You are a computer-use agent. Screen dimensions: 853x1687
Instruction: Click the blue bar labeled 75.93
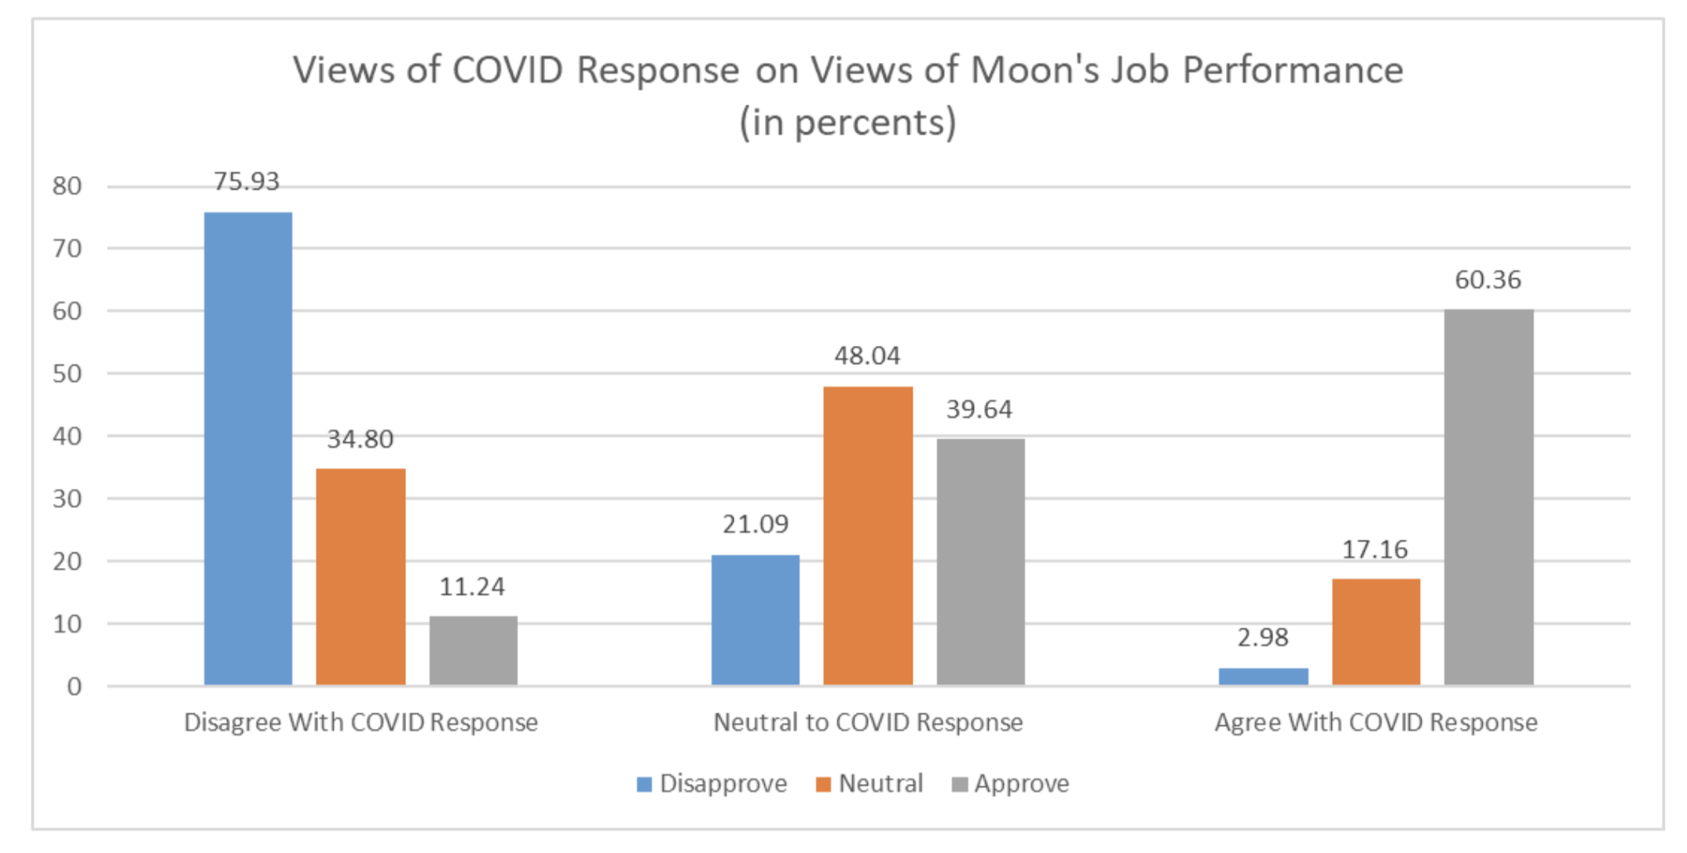[x=248, y=448]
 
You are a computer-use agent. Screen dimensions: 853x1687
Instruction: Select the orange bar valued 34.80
[x=360, y=577]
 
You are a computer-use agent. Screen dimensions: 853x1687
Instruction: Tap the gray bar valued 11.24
[x=473, y=650]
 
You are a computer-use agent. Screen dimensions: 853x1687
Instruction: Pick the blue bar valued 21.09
[x=756, y=620]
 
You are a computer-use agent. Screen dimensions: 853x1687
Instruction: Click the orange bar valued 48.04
[x=868, y=535]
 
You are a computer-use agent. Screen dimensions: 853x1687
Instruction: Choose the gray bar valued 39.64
[x=980, y=562]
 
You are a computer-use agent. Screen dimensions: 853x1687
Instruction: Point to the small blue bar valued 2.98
[x=1263, y=676]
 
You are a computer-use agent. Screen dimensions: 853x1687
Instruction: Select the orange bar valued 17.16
[x=1376, y=632]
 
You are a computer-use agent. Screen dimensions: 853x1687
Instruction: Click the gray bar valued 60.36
[x=1488, y=496]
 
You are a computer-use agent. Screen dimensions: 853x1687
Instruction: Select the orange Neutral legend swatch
[x=823, y=785]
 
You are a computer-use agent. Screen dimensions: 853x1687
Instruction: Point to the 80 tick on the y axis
[x=68, y=186]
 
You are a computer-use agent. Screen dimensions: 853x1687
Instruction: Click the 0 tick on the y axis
[x=74, y=686]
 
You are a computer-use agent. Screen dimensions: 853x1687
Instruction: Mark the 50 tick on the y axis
[x=68, y=374]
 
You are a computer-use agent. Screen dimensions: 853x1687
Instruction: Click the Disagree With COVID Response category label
[x=360, y=723]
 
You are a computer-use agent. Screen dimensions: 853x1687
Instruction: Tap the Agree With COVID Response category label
[x=1376, y=723]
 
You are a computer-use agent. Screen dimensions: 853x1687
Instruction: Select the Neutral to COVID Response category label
[x=868, y=723]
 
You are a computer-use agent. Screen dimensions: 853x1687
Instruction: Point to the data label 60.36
[x=1488, y=280]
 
